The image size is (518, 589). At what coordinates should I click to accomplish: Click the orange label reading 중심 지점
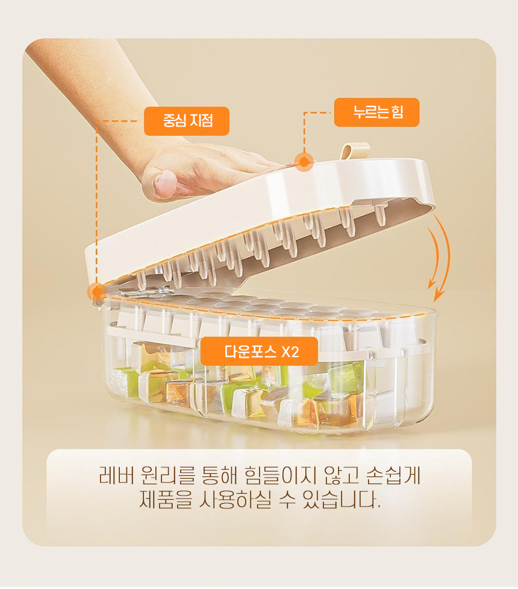187,121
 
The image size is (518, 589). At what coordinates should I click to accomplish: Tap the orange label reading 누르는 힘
377,112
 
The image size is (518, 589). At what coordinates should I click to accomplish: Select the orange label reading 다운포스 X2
259,351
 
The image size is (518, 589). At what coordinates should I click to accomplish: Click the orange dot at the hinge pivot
97,291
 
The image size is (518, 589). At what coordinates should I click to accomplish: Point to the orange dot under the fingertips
304,162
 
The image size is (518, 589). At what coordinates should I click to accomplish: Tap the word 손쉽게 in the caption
393,476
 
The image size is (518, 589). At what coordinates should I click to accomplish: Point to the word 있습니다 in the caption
340,500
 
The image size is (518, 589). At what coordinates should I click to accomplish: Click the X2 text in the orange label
290,352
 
